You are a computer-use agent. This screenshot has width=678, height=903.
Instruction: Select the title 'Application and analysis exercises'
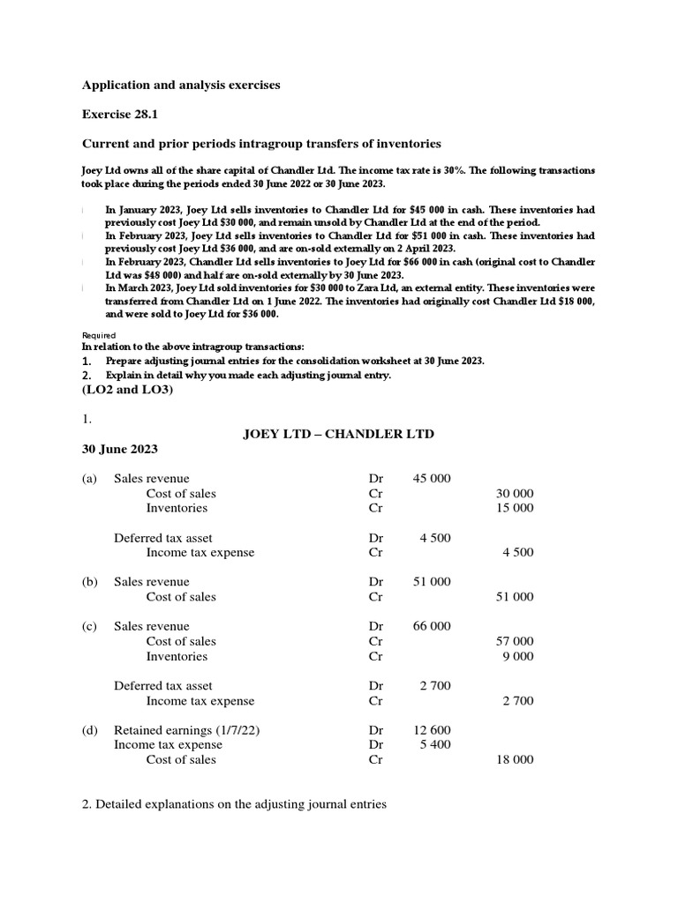[x=181, y=86]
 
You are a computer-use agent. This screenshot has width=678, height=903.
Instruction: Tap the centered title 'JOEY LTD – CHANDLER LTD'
[x=338, y=434]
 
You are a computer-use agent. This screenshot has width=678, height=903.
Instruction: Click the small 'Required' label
[x=99, y=335]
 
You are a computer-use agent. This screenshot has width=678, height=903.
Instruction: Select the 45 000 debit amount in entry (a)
[x=432, y=479]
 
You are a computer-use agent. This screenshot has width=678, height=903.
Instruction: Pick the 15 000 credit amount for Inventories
[x=515, y=508]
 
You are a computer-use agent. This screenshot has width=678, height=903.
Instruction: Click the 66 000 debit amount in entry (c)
[x=432, y=626]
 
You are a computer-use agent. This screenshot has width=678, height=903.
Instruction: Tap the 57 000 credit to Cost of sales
[x=515, y=641]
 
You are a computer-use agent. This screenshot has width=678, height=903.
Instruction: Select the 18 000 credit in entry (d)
[x=515, y=759]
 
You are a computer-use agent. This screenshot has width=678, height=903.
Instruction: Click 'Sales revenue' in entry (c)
[x=151, y=626]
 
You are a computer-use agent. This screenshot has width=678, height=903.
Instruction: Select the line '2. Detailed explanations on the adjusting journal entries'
[x=234, y=804]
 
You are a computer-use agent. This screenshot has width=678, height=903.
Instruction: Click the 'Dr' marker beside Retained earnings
[x=376, y=730]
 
